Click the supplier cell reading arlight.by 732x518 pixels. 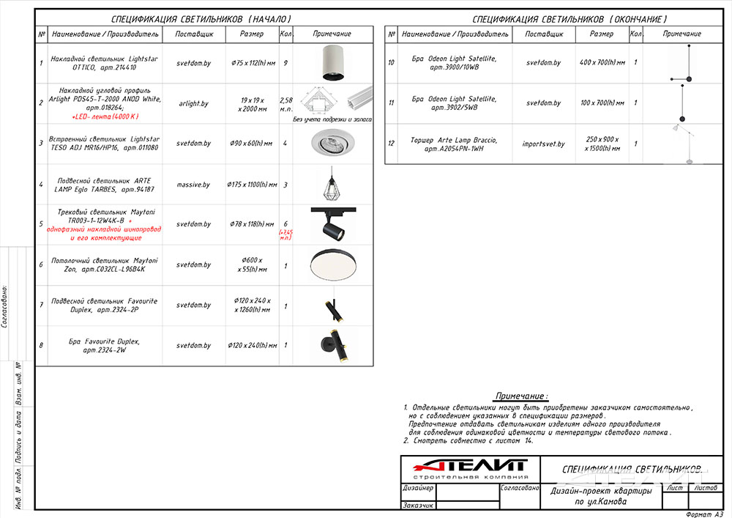tap(193, 104)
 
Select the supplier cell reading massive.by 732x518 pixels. tap(193, 185)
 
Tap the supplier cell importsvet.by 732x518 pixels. tap(544, 144)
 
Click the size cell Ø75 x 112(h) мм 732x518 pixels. tap(252, 64)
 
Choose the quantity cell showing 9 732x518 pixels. tap(285, 64)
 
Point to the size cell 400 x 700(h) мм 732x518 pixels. tap(602, 63)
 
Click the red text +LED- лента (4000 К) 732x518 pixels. tap(105, 116)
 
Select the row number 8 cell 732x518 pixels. tap(41, 345)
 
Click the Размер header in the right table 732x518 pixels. tap(602, 34)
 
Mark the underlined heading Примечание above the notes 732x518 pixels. tap(520, 395)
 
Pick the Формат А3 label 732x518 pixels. tap(704, 514)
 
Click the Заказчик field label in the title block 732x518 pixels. tap(418, 505)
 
